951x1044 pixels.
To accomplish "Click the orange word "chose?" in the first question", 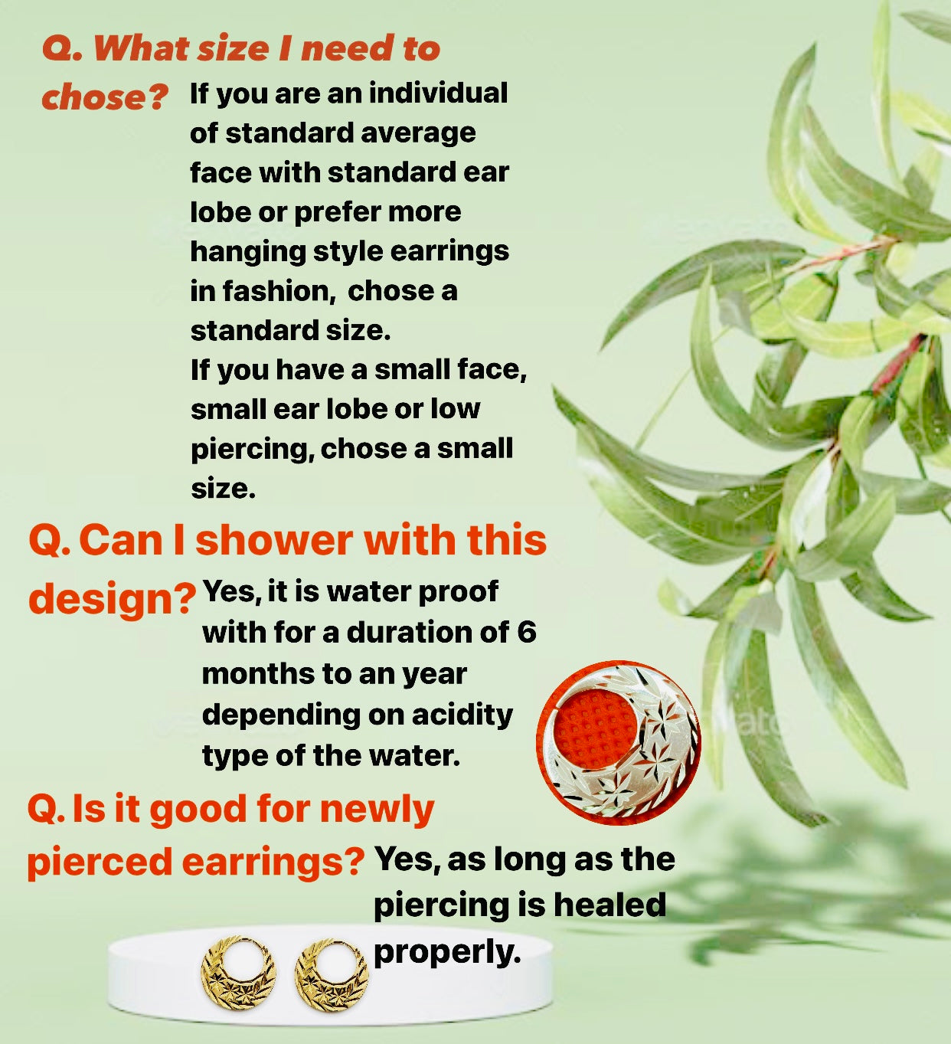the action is point(105,97).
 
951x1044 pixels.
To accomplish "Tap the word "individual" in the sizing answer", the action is point(439,93).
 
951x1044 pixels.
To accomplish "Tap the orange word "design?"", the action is point(113,598).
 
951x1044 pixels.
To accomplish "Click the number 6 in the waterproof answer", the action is point(527,633).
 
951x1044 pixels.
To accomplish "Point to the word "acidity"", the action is point(462,715).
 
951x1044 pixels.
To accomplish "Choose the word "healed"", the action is point(609,904).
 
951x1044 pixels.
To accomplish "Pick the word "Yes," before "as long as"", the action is point(407,859).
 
